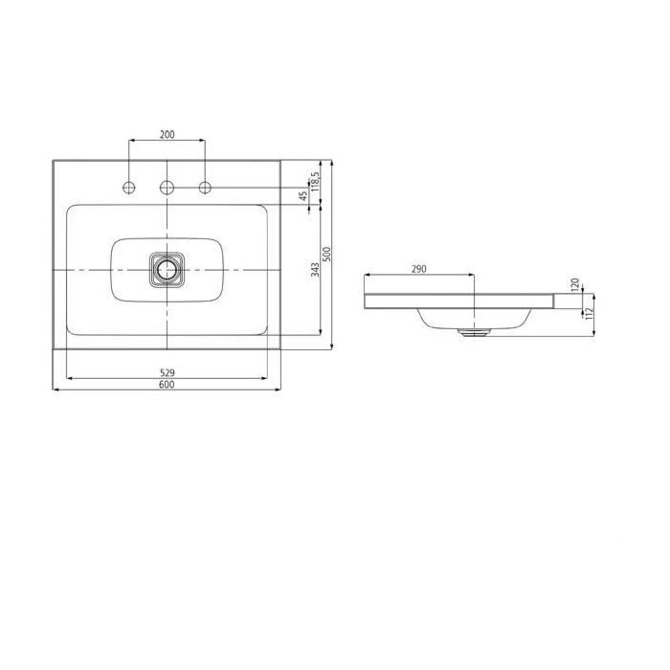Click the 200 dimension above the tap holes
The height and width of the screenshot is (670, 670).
[167, 135]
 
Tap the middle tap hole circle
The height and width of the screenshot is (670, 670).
[167, 186]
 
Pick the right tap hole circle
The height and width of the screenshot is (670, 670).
[204, 186]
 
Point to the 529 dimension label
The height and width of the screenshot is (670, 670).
[167, 371]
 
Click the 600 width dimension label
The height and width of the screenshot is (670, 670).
[167, 384]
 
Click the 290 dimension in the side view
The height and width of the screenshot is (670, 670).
[418, 270]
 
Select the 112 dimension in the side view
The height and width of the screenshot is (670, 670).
[589, 311]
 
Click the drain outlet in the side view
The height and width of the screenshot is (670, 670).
[474, 334]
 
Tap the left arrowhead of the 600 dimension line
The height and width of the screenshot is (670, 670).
[55, 390]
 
